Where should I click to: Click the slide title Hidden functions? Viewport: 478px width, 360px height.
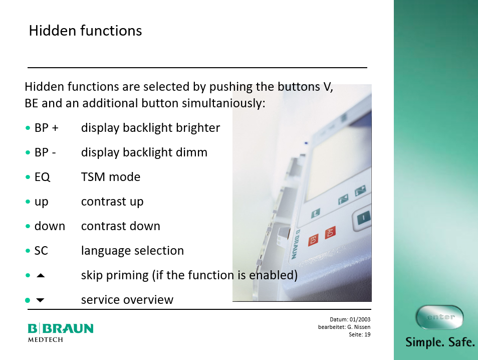pos(85,31)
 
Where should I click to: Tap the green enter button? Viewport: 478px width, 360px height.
pos(439,317)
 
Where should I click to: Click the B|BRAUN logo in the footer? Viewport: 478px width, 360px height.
pos(60,328)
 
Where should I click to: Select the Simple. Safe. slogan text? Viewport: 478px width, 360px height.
pos(440,342)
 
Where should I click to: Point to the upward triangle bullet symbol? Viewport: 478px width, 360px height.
pos(41,275)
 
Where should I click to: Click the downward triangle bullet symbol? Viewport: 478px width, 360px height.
pos(40,300)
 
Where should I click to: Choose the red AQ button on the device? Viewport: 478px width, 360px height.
pos(330,233)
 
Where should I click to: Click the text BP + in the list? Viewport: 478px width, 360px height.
pos(46,128)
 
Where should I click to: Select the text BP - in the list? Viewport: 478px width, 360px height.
pos(45,152)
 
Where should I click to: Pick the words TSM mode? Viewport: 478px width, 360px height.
pos(111,177)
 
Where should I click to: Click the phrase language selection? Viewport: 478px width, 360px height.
pos(132,251)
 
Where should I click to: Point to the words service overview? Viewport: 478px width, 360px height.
pos(127,300)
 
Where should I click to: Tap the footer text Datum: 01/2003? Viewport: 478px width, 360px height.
pos(350,319)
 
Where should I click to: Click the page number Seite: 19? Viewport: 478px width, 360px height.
pos(360,334)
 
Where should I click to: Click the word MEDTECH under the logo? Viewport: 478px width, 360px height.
pos(46,339)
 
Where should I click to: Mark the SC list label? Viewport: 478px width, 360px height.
pos(41,251)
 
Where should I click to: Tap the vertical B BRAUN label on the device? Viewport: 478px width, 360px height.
pos(295,244)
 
